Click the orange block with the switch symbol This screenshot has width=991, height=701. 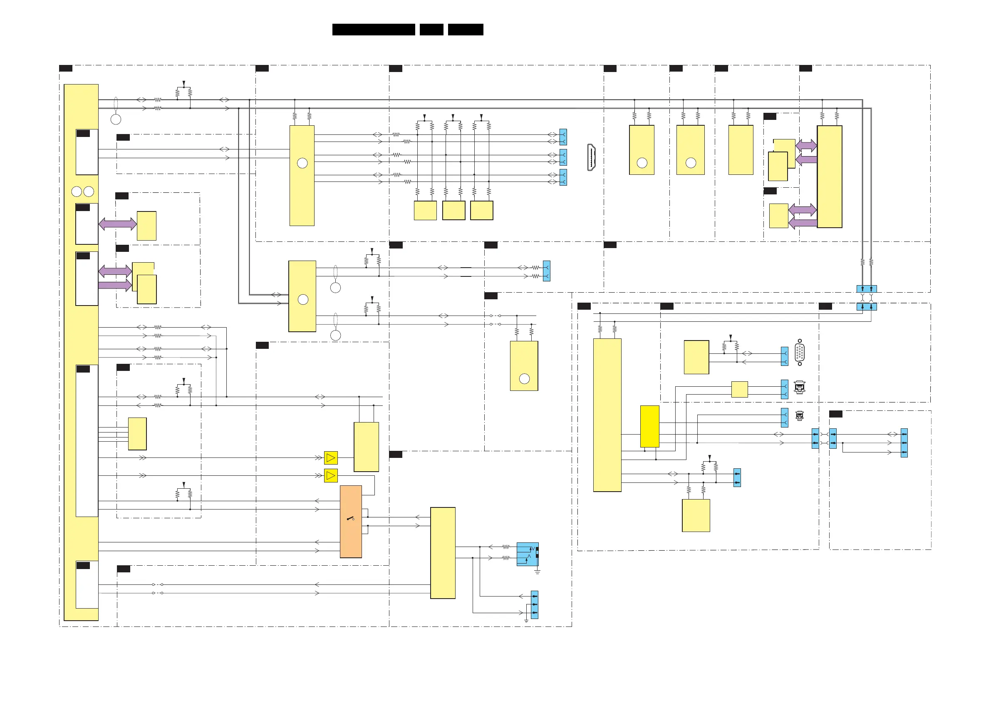point(350,521)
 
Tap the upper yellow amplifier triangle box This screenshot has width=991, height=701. point(331,457)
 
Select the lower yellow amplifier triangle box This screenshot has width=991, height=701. point(331,475)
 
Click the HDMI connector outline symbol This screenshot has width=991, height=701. point(591,157)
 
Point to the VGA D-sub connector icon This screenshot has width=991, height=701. point(799,353)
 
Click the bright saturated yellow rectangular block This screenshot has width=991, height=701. point(649,426)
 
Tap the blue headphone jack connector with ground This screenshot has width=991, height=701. point(528,554)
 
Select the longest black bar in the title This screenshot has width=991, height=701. point(373,30)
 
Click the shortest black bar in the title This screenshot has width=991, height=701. point(431,30)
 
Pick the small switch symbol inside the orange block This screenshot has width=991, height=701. point(350,518)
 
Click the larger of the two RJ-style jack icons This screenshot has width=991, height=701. point(799,387)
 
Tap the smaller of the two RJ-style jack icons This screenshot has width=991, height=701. point(799,415)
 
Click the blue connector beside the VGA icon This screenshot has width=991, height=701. point(784,356)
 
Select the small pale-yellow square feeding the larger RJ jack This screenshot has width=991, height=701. point(739,389)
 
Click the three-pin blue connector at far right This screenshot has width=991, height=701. point(904,443)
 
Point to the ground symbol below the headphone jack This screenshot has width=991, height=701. point(538,572)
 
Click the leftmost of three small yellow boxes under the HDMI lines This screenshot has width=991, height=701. point(425,210)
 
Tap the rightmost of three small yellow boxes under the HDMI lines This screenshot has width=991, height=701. point(481,210)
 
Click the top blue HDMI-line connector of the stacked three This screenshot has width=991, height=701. point(563,137)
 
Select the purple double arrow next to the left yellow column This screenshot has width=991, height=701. point(117,224)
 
